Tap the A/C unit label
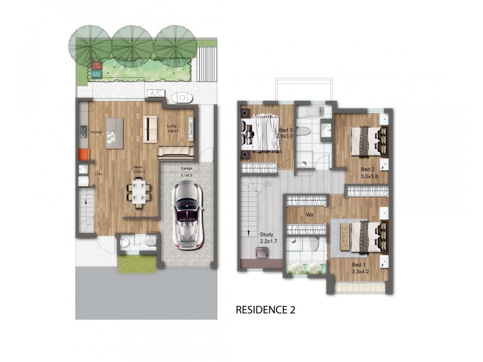point(155,94)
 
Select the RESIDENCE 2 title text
point(265,311)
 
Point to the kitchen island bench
point(114,133)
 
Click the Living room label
point(172,126)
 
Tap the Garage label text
point(187,169)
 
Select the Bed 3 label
point(286,130)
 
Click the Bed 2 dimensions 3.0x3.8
point(368,177)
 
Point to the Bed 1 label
point(359,265)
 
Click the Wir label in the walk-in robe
point(309,214)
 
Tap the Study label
point(266,234)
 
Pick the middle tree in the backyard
point(132,45)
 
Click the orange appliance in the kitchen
point(83,154)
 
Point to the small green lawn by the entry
point(136,264)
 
